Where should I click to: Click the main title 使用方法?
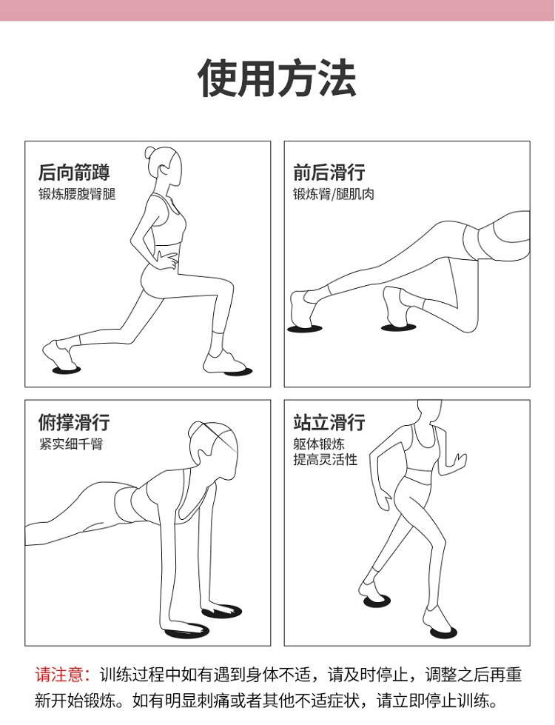pos(277,78)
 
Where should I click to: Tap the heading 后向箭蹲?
pos(74,172)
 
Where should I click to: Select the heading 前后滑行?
pos(329,172)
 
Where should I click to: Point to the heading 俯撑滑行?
pos(74,422)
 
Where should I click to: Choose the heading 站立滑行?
pos(329,422)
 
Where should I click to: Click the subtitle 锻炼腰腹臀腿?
pos(77,194)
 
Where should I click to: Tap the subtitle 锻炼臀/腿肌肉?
pos(333,194)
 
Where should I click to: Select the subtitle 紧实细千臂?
pos(71,444)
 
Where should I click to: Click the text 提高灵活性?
pos(326,460)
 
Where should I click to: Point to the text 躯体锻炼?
pos(319,444)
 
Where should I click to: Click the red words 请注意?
pos(58,675)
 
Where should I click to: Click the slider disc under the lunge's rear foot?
pos(67,370)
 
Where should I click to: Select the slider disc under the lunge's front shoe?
pos(238,370)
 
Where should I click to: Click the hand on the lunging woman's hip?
pos(167,259)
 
